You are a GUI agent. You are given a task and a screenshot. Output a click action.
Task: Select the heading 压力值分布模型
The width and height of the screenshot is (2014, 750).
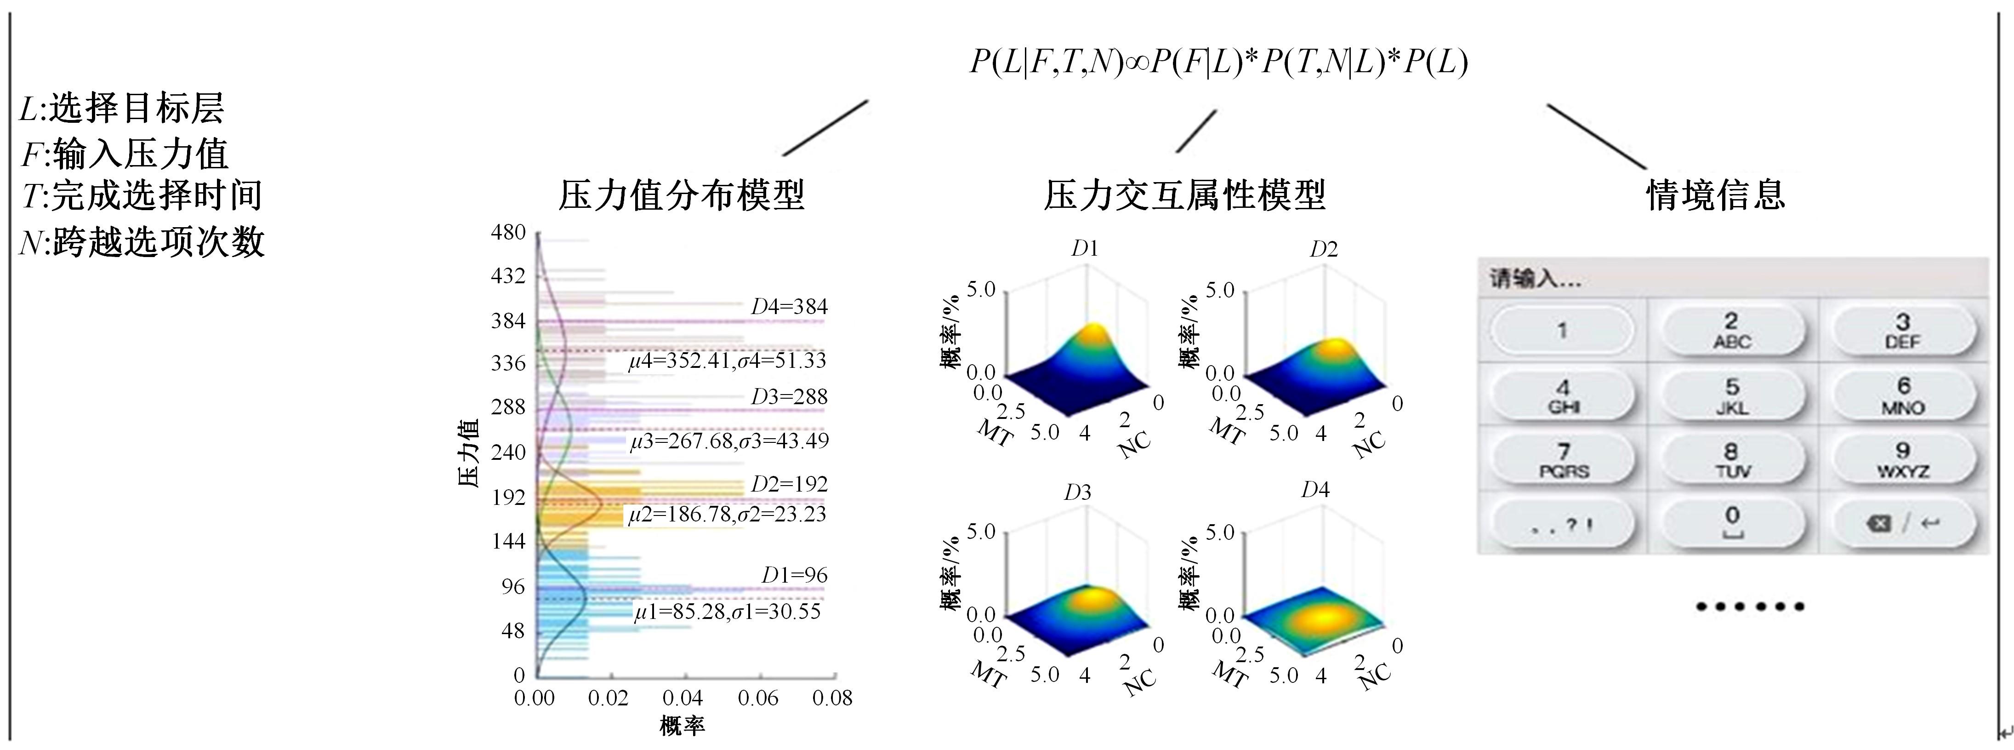681,195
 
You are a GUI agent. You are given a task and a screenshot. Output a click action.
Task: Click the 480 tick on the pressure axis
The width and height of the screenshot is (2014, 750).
508,232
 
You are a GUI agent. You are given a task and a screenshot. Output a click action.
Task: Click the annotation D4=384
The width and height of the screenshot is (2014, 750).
788,307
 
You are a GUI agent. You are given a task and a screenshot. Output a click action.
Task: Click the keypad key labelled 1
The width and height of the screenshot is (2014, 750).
1561,330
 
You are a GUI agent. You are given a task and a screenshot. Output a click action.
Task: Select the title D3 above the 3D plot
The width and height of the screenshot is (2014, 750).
1077,492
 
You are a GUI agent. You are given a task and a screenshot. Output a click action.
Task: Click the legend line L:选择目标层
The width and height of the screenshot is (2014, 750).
122,108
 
